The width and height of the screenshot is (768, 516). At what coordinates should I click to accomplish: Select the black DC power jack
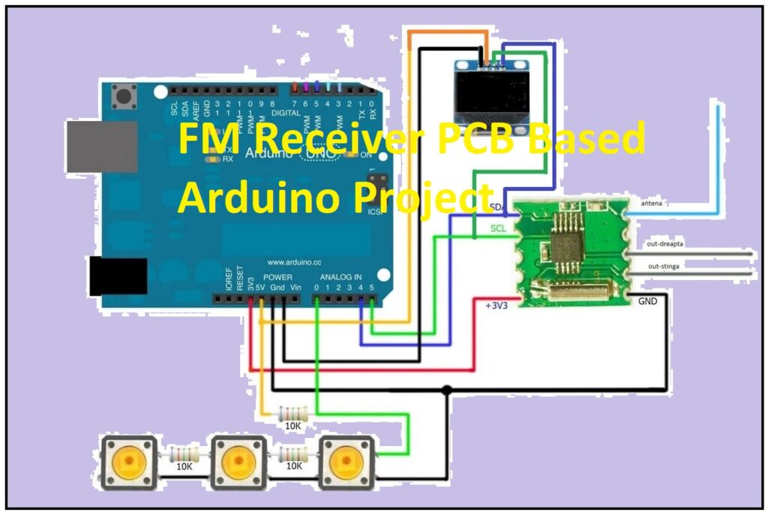[112, 276]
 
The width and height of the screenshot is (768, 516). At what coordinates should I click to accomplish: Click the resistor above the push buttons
[292, 414]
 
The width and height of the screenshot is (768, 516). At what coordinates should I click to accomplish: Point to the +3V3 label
[496, 306]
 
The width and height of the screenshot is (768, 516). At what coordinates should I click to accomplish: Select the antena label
[651, 204]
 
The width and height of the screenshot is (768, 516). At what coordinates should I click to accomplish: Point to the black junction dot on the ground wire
[446, 390]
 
